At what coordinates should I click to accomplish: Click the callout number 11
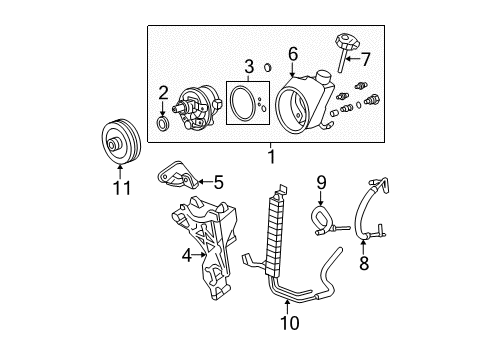point(122,188)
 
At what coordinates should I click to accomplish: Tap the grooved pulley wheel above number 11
point(121,141)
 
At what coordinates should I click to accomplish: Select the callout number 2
point(163,93)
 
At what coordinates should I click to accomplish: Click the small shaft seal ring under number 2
point(163,122)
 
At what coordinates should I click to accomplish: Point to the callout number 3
point(249,67)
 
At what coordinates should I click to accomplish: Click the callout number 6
point(293,54)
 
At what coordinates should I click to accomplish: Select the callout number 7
point(366,59)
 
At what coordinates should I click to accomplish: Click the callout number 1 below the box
point(272,157)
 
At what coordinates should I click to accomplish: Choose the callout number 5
point(218,182)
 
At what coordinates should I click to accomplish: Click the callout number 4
point(187,256)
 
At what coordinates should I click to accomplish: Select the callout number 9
point(321,182)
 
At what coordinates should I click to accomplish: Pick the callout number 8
point(364,263)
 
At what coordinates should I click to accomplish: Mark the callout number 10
point(290,322)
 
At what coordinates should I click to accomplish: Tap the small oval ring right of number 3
point(267,68)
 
